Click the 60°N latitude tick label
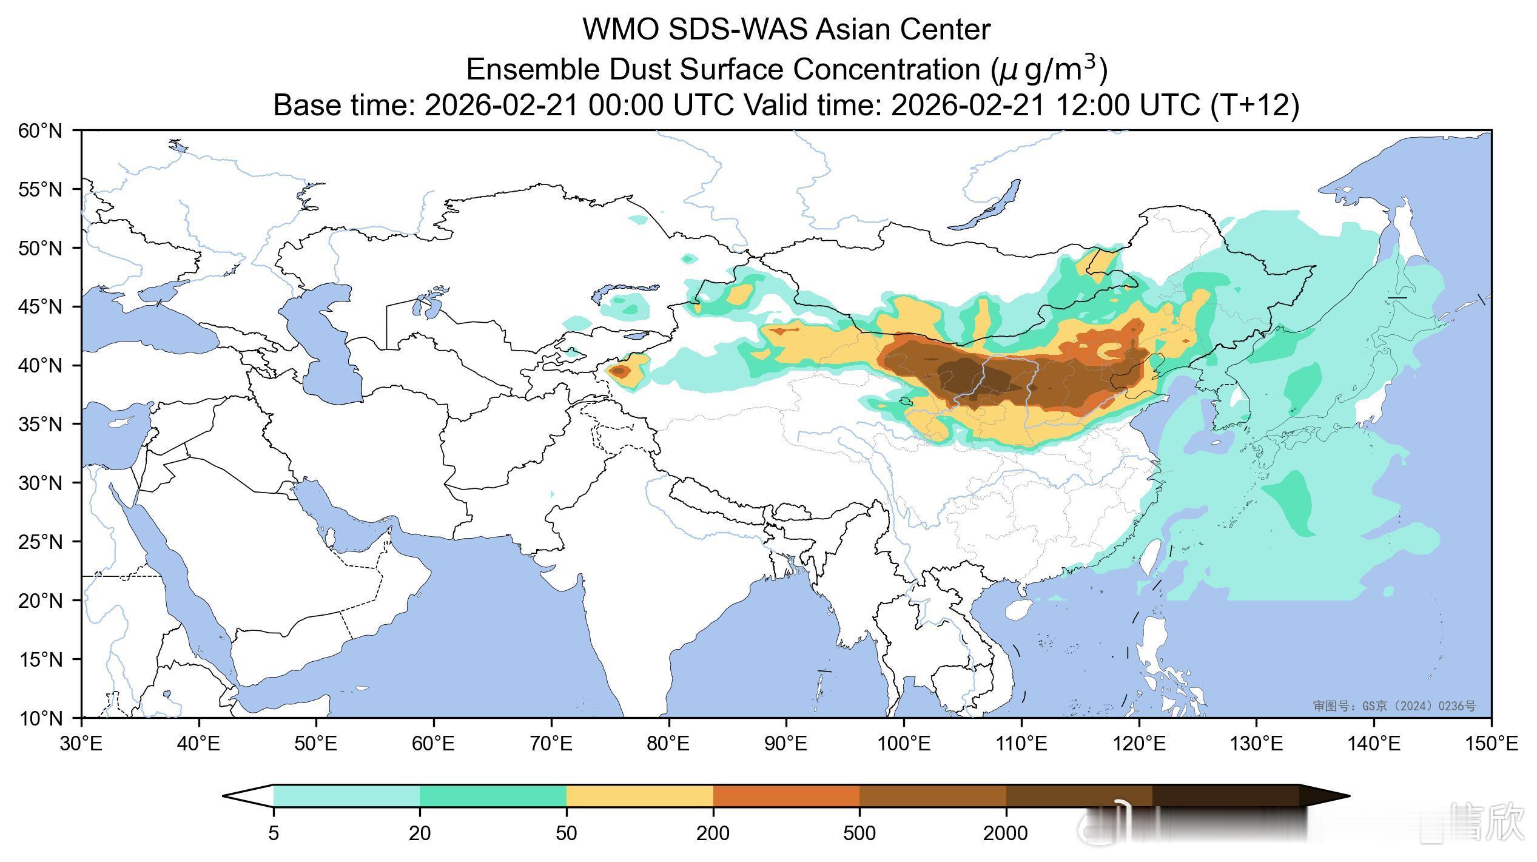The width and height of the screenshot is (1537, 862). coord(40,130)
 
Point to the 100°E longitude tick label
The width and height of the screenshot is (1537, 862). coord(903,744)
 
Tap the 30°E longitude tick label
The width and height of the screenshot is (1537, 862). coord(81,744)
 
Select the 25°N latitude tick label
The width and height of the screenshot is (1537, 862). coord(40,542)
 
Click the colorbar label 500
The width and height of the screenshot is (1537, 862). coord(859,833)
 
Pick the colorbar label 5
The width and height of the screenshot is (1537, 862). coord(274,833)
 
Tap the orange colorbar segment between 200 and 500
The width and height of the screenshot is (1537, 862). coord(786,796)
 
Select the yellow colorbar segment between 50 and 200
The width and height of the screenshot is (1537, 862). coord(639,796)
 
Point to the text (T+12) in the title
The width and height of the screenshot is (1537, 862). coord(1254,105)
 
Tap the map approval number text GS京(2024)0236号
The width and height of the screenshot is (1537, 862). coord(1394,706)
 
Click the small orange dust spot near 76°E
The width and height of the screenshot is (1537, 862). coord(618,371)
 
